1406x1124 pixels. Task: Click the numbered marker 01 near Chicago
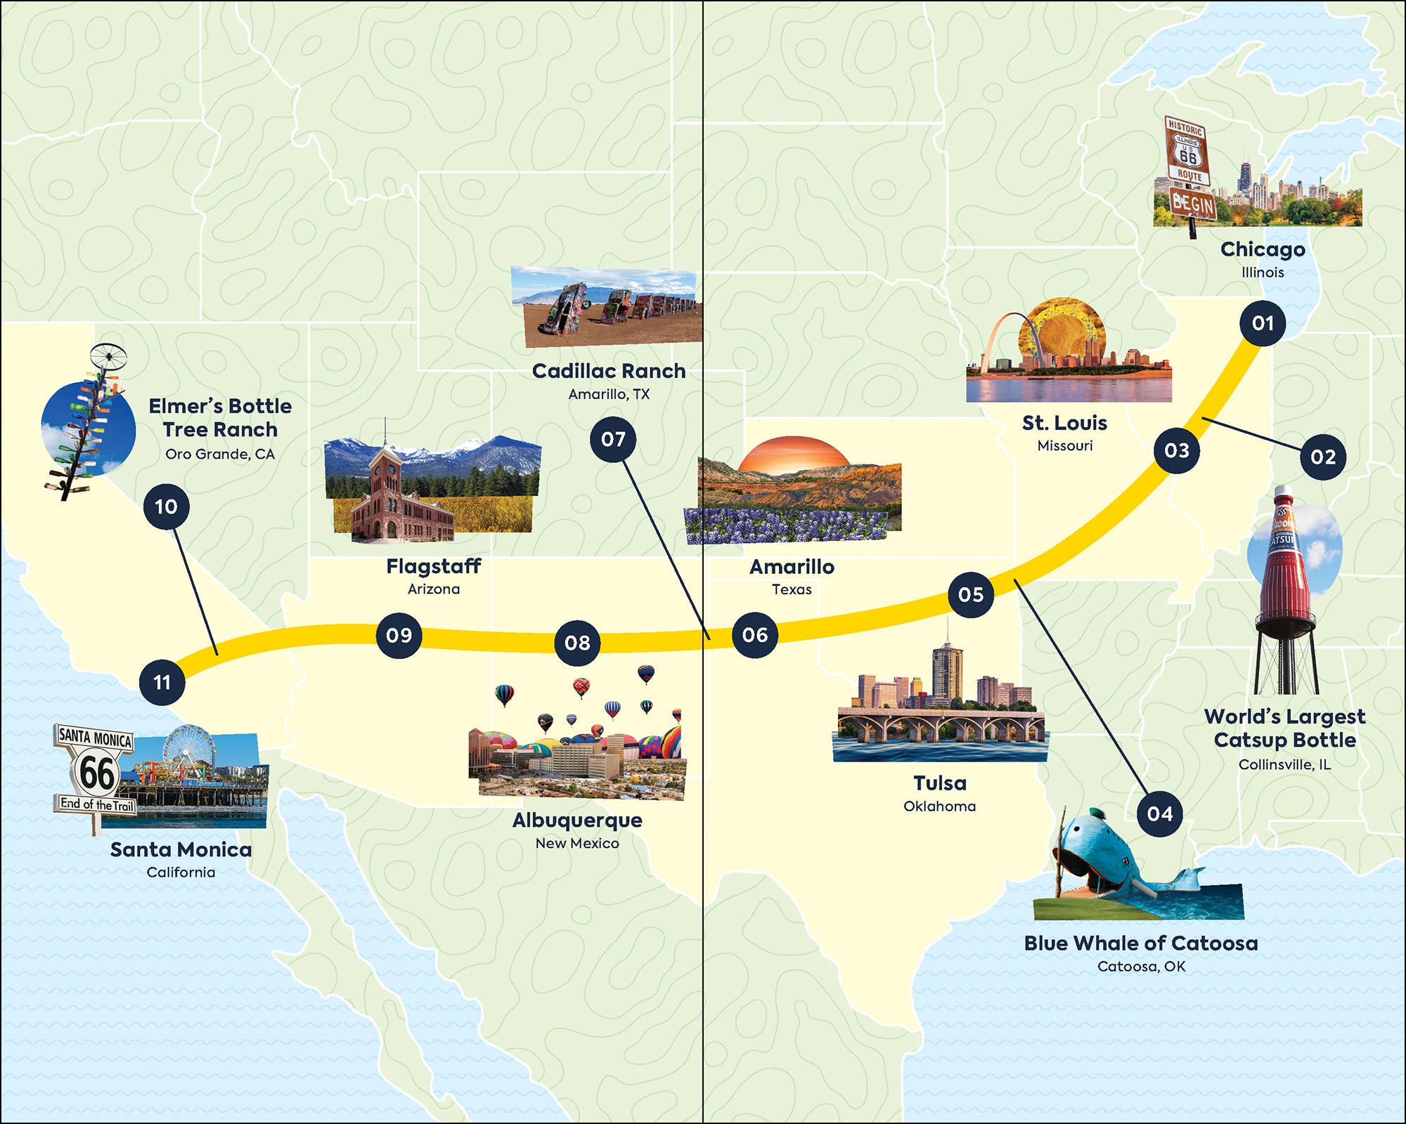point(1263,323)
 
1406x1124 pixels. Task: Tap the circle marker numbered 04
point(1160,813)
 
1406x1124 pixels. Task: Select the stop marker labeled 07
point(613,440)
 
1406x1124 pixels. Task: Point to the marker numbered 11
point(162,682)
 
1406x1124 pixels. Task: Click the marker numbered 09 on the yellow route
point(399,635)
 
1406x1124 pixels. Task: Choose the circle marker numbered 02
point(1323,457)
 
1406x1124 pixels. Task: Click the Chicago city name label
point(1263,249)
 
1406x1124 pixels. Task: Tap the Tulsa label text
point(939,783)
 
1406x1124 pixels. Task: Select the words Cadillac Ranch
point(609,371)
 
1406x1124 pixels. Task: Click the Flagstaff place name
point(434,566)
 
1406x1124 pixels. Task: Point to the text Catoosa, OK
point(1141,967)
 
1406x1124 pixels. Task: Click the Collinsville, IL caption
point(1284,764)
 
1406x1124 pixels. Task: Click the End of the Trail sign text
point(96,804)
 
